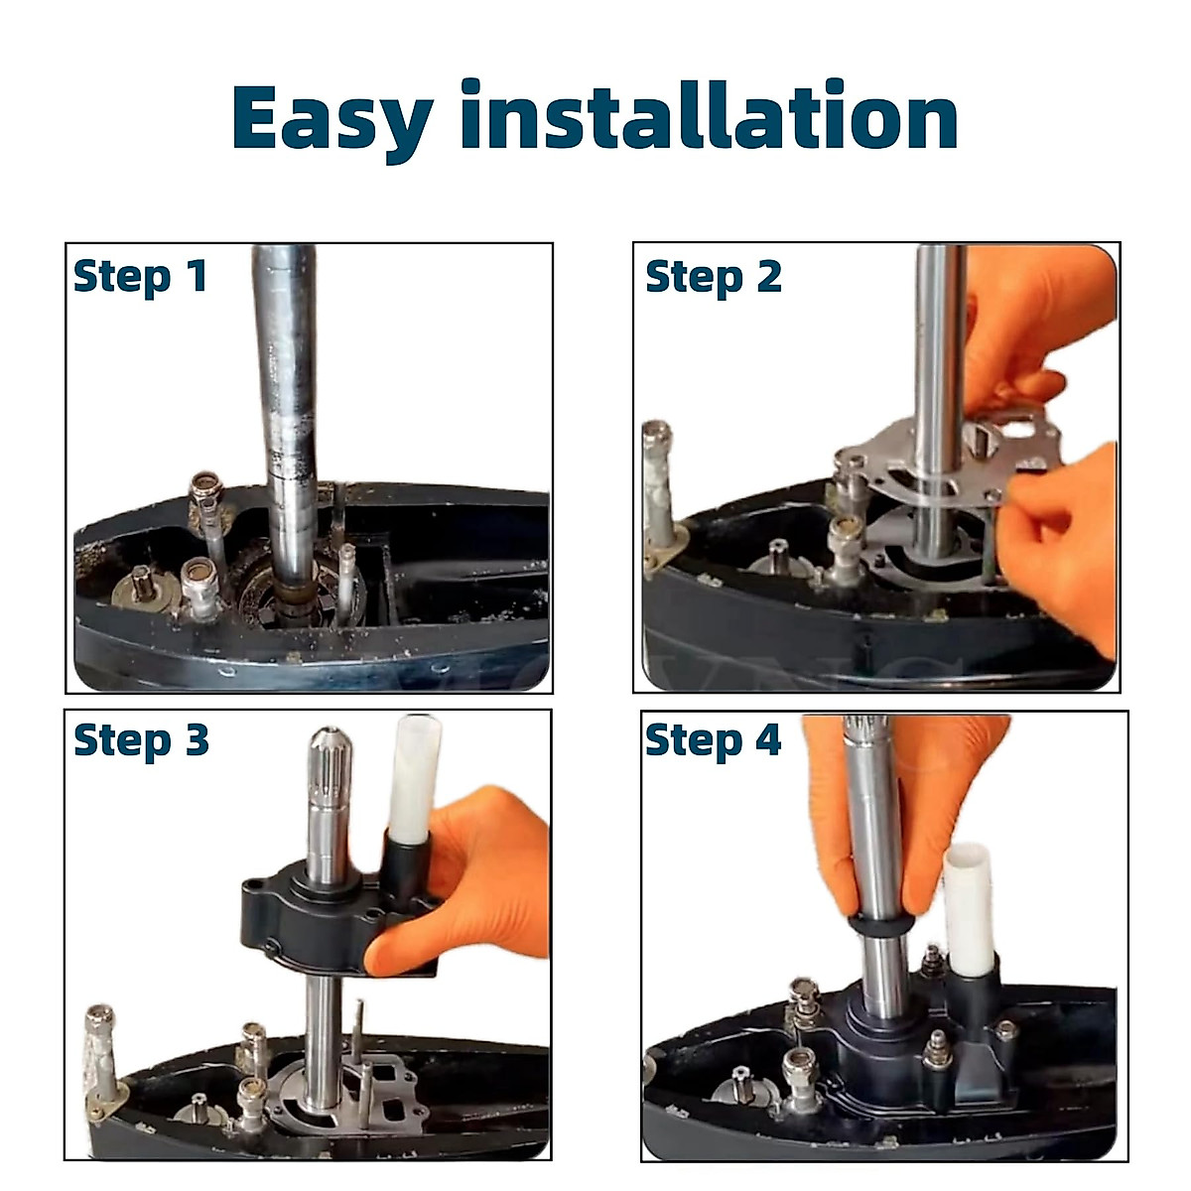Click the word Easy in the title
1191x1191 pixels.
[x=332, y=119]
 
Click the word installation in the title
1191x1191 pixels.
[x=709, y=115]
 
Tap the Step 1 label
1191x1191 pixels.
[x=140, y=277]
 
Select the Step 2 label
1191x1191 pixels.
[x=714, y=277]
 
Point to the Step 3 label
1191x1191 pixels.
[x=141, y=741]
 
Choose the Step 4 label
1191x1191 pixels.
[x=713, y=740]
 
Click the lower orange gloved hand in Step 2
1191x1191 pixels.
[x=1058, y=544]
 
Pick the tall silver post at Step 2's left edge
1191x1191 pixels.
[x=658, y=488]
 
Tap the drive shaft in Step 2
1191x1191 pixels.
[x=938, y=402]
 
